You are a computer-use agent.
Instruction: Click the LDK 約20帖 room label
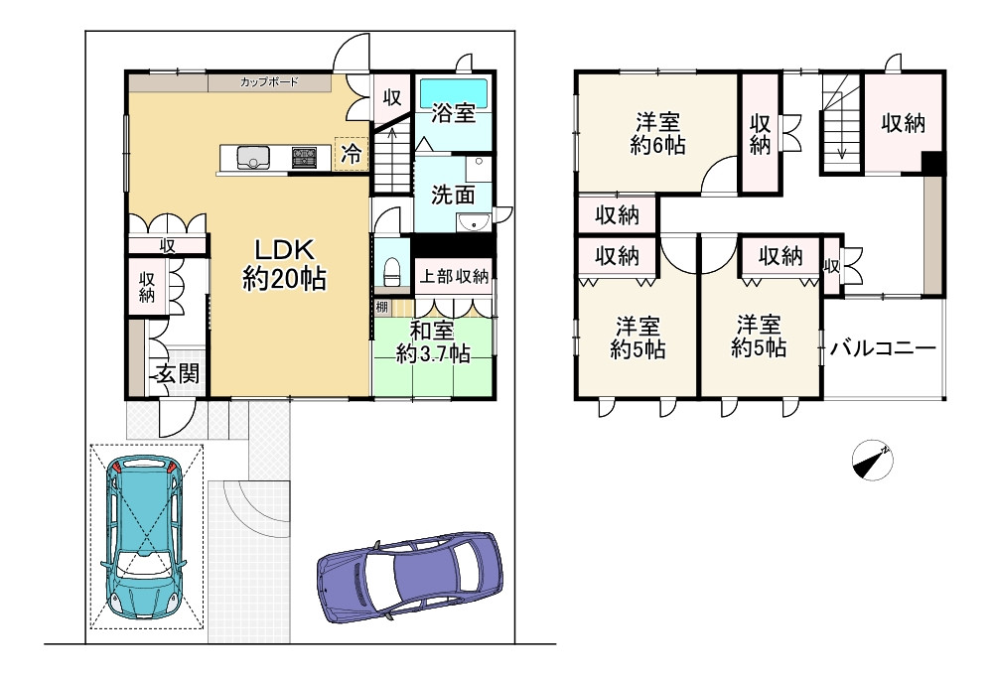[284, 264]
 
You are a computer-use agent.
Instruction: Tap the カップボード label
[269, 82]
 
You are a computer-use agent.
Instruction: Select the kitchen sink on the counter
[253, 158]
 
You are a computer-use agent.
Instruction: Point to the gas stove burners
[304, 158]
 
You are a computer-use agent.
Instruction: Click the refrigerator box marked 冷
[352, 154]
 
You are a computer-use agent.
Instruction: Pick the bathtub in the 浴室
[454, 91]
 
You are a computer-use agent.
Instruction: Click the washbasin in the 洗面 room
[474, 222]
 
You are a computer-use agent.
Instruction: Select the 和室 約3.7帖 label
[433, 341]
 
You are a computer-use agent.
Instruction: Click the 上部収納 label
[454, 276]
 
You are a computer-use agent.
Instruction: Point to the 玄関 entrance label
[178, 373]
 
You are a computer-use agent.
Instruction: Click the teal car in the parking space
[146, 537]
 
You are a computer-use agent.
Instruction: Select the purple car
[410, 577]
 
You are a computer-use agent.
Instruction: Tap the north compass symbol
[872, 460]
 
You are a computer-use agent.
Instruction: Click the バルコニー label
[883, 348]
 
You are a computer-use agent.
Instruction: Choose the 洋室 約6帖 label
[657, 133]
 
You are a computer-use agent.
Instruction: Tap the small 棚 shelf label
[381, 308]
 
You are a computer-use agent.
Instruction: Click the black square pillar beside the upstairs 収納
[933, 163]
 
